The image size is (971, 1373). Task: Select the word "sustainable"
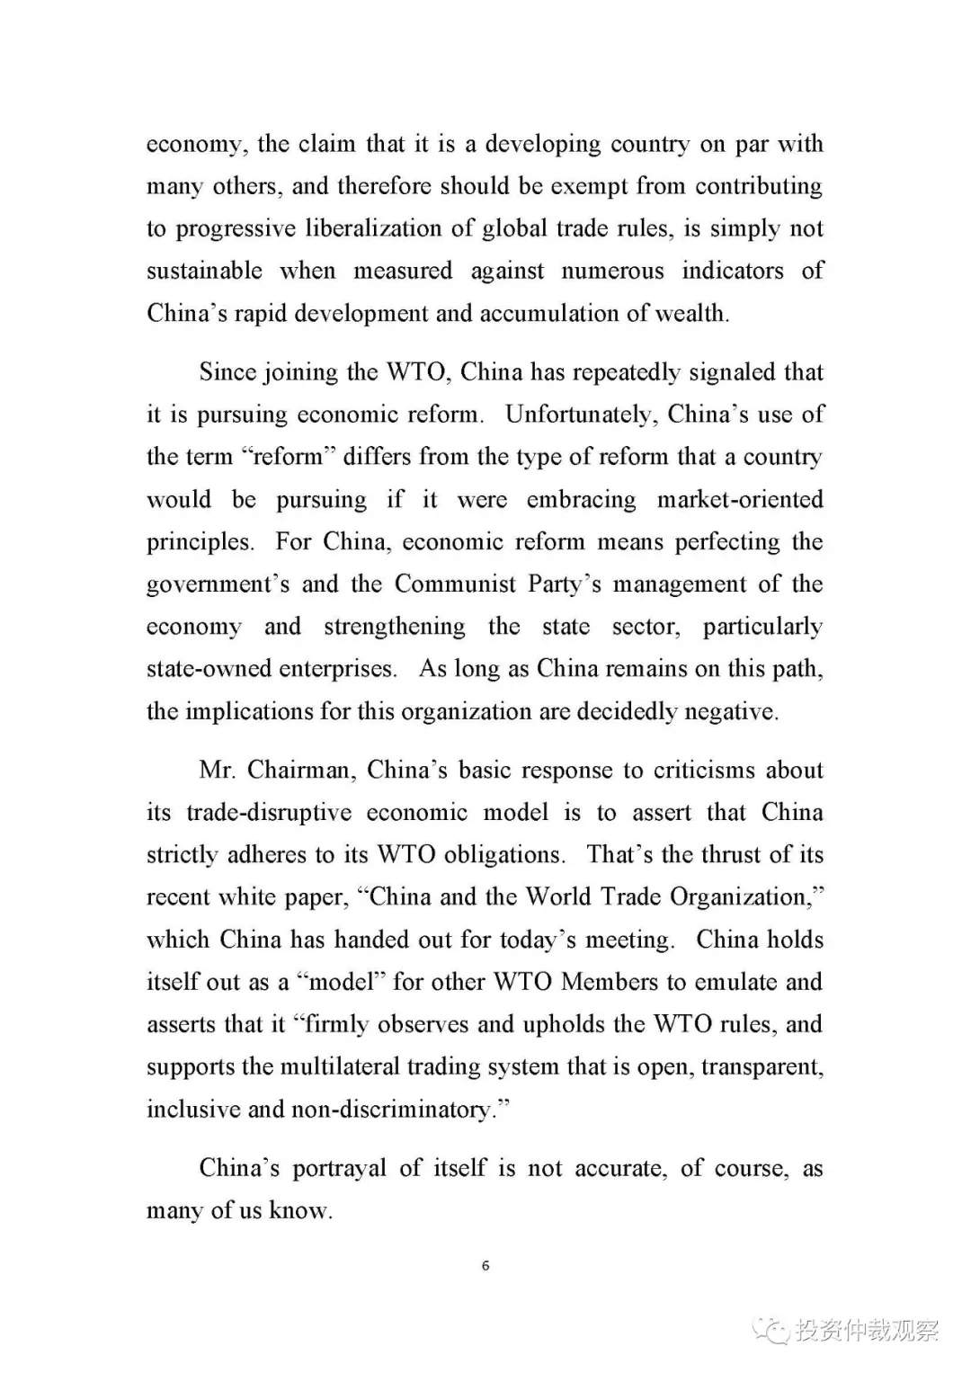pos(205,271)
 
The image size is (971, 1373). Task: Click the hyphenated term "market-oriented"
pos(740,499)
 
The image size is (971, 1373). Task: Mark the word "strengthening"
pos(395,627)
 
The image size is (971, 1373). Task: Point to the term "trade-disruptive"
pos(269,813)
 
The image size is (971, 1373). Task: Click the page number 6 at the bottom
pos(485,1266)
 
